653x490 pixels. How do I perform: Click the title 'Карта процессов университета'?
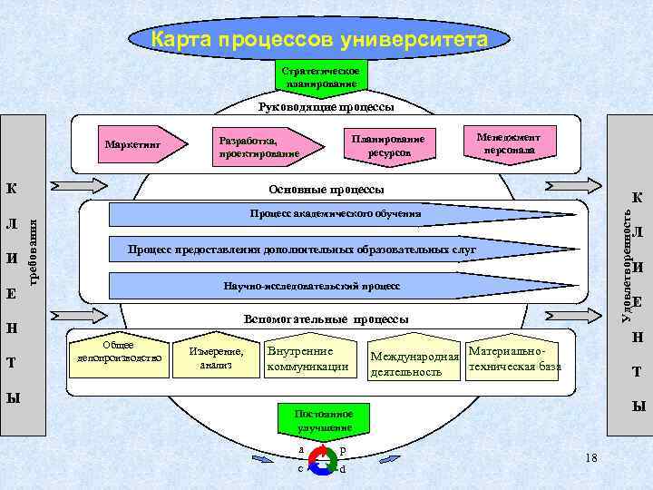coord(318,41)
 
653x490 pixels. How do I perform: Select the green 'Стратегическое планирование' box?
coord(324,77)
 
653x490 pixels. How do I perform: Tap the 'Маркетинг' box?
coord(132,144)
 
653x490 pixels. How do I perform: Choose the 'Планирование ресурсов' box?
coord(388,145)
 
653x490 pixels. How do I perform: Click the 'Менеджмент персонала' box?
coord(508,142)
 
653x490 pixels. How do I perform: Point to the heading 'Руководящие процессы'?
coord(326,107)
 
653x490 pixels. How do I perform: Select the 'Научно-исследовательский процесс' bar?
coord(311,286)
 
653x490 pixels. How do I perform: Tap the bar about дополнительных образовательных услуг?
coord(303,249)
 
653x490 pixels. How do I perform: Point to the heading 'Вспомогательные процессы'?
coord(326,319)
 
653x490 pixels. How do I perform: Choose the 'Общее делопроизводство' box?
coord(119,352)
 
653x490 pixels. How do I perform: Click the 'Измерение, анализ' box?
coord(216,358)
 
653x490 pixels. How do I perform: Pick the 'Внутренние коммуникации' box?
coord(308,358)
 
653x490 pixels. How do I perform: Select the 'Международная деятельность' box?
coord(413,364)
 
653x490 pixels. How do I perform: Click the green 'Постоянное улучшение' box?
coord(323,420)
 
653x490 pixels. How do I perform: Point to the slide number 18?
coord(591,456)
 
